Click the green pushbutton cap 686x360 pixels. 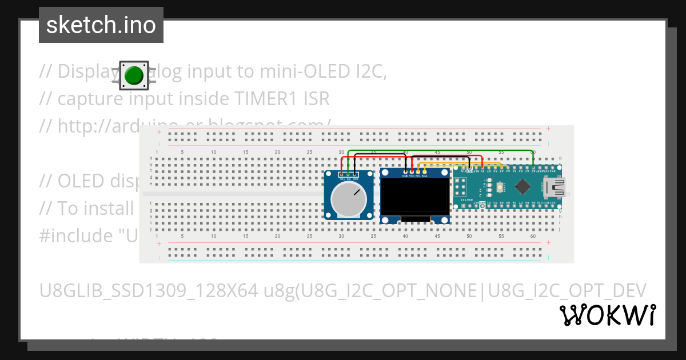pos(134,75)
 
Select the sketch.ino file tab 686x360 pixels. pos(101,25)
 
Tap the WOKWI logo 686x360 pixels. pos(607,315)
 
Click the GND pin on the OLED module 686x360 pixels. pos(405,171)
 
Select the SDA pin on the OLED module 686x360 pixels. pos(424,171)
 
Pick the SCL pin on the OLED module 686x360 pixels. pos(418,171)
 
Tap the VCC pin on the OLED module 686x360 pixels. pos(412,171)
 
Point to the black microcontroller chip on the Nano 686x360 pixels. pos(523,186)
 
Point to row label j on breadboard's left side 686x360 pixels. pos(151,230)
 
